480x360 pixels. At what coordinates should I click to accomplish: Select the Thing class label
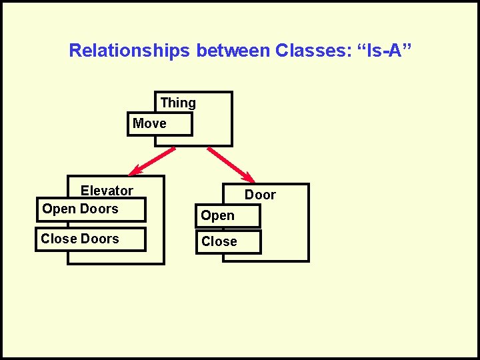pos(178,103)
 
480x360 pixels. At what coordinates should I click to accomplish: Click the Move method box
pos(160,123)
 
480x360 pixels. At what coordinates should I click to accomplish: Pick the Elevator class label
pos(107,191)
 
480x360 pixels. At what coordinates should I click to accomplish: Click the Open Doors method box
pos(91,209)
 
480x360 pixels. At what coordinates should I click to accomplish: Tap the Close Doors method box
pos(91,239)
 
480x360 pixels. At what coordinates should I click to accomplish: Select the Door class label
pos(260,195)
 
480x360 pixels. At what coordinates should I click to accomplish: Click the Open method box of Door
pos(227,216)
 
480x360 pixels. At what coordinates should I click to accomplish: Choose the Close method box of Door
pos(227,242)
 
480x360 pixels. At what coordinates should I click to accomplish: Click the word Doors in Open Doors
pos(99,209)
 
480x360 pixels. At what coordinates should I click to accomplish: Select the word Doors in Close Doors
pos(99,239)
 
